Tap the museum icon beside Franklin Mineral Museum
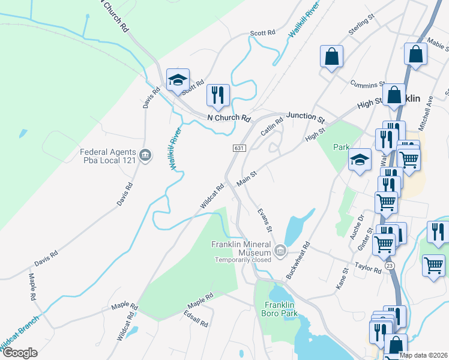click(x=280, y=250)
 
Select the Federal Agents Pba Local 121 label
click(x=106, y=156)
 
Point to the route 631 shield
click(x=238, y=148)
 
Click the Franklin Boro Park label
click(x=279, y=308)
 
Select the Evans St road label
click(x=265, y=220)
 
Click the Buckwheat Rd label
click(x=298, y=260)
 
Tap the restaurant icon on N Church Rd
click(x=217, y=95)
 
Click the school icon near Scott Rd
click(x=178, y=80)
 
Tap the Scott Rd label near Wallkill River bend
click(x=262, y=33)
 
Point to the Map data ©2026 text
click(x=423, y=355)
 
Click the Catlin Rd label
click(x=271, y=127)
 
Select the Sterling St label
click(x=361, y=29)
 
